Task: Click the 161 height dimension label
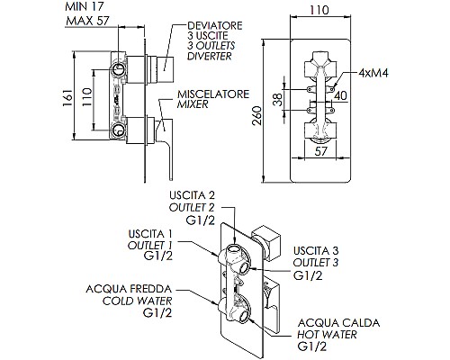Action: pyautogui.click(x=67, y=97)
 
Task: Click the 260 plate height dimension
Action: pyautogui.click(x=257, y=116)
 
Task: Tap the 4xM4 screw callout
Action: pyautogui.click(x=373, y=73)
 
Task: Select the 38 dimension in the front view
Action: pyautogui.click(x=278, y=99)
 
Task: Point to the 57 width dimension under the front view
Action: pyautogui.click(x=320, y=151)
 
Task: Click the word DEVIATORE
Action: pyautogui.click(x=215, y=25)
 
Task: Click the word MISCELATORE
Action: pyautogui.click(x=213, y=94)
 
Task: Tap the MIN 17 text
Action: pyautogui.click(x=85, y=6)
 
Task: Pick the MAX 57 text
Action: pyautogui.click(x=87, y=21)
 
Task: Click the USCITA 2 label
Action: pyautogui.click(x=193, y=195)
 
